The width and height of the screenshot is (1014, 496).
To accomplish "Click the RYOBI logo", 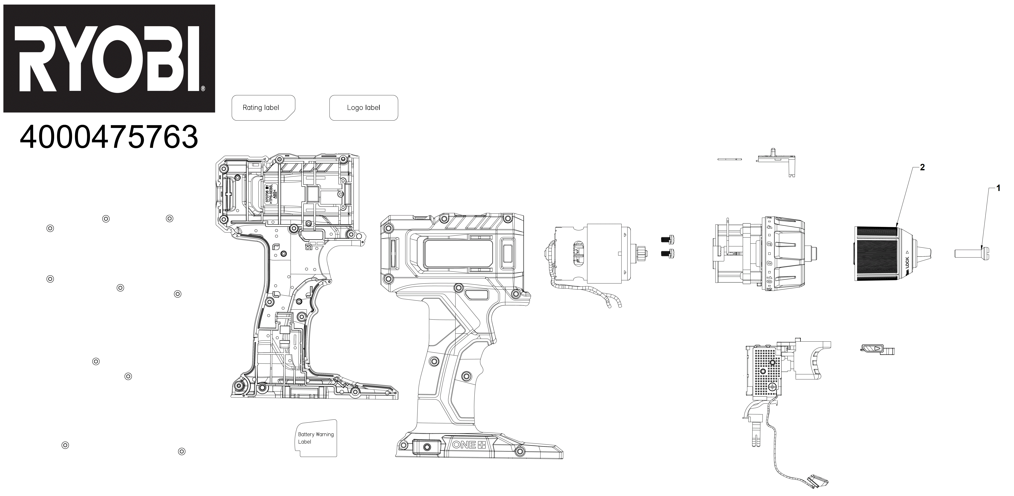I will [x=109, y=58].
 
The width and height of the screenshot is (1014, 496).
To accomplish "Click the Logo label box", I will [x=363, y=107].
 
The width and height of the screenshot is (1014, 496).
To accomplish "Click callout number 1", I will [x=998, y=188].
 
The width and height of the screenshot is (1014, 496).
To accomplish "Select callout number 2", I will [x=922, y=168].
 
